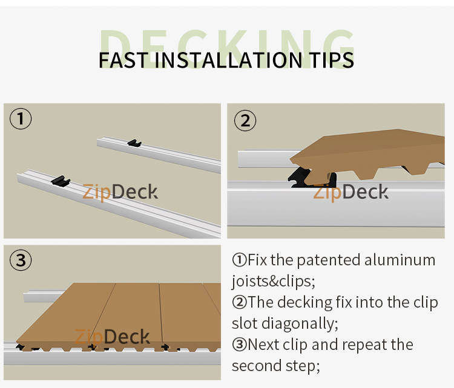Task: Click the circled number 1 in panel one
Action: coord(21,119)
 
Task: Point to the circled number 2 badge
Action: coord(245,120)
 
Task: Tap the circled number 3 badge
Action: coord(21,260)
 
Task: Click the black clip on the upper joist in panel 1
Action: coord(134,144)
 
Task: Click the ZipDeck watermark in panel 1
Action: coord(120,192)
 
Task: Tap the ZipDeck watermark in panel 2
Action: coord(351,192)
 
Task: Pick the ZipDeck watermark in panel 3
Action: coord(114,336)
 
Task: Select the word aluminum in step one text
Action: coord(400,260)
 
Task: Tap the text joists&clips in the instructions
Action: coord(274,281)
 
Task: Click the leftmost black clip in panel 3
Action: coord(22,347)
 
